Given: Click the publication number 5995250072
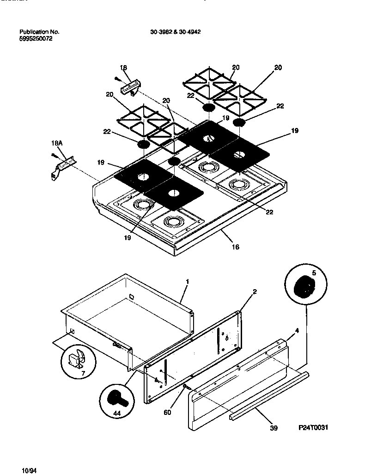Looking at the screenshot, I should pos(36,39).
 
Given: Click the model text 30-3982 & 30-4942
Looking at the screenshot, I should pos(175,32).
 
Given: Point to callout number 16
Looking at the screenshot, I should pos(235,247).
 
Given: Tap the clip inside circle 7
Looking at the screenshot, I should pos(76,361).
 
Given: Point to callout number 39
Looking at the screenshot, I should pos(274,428).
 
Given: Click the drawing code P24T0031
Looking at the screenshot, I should pos(313,428).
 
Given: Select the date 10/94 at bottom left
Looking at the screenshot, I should pos(29,470).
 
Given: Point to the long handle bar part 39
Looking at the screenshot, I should pos(268,395).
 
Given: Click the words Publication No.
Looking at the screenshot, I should pos(39,32).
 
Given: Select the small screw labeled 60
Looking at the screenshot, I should pos(184,385).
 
